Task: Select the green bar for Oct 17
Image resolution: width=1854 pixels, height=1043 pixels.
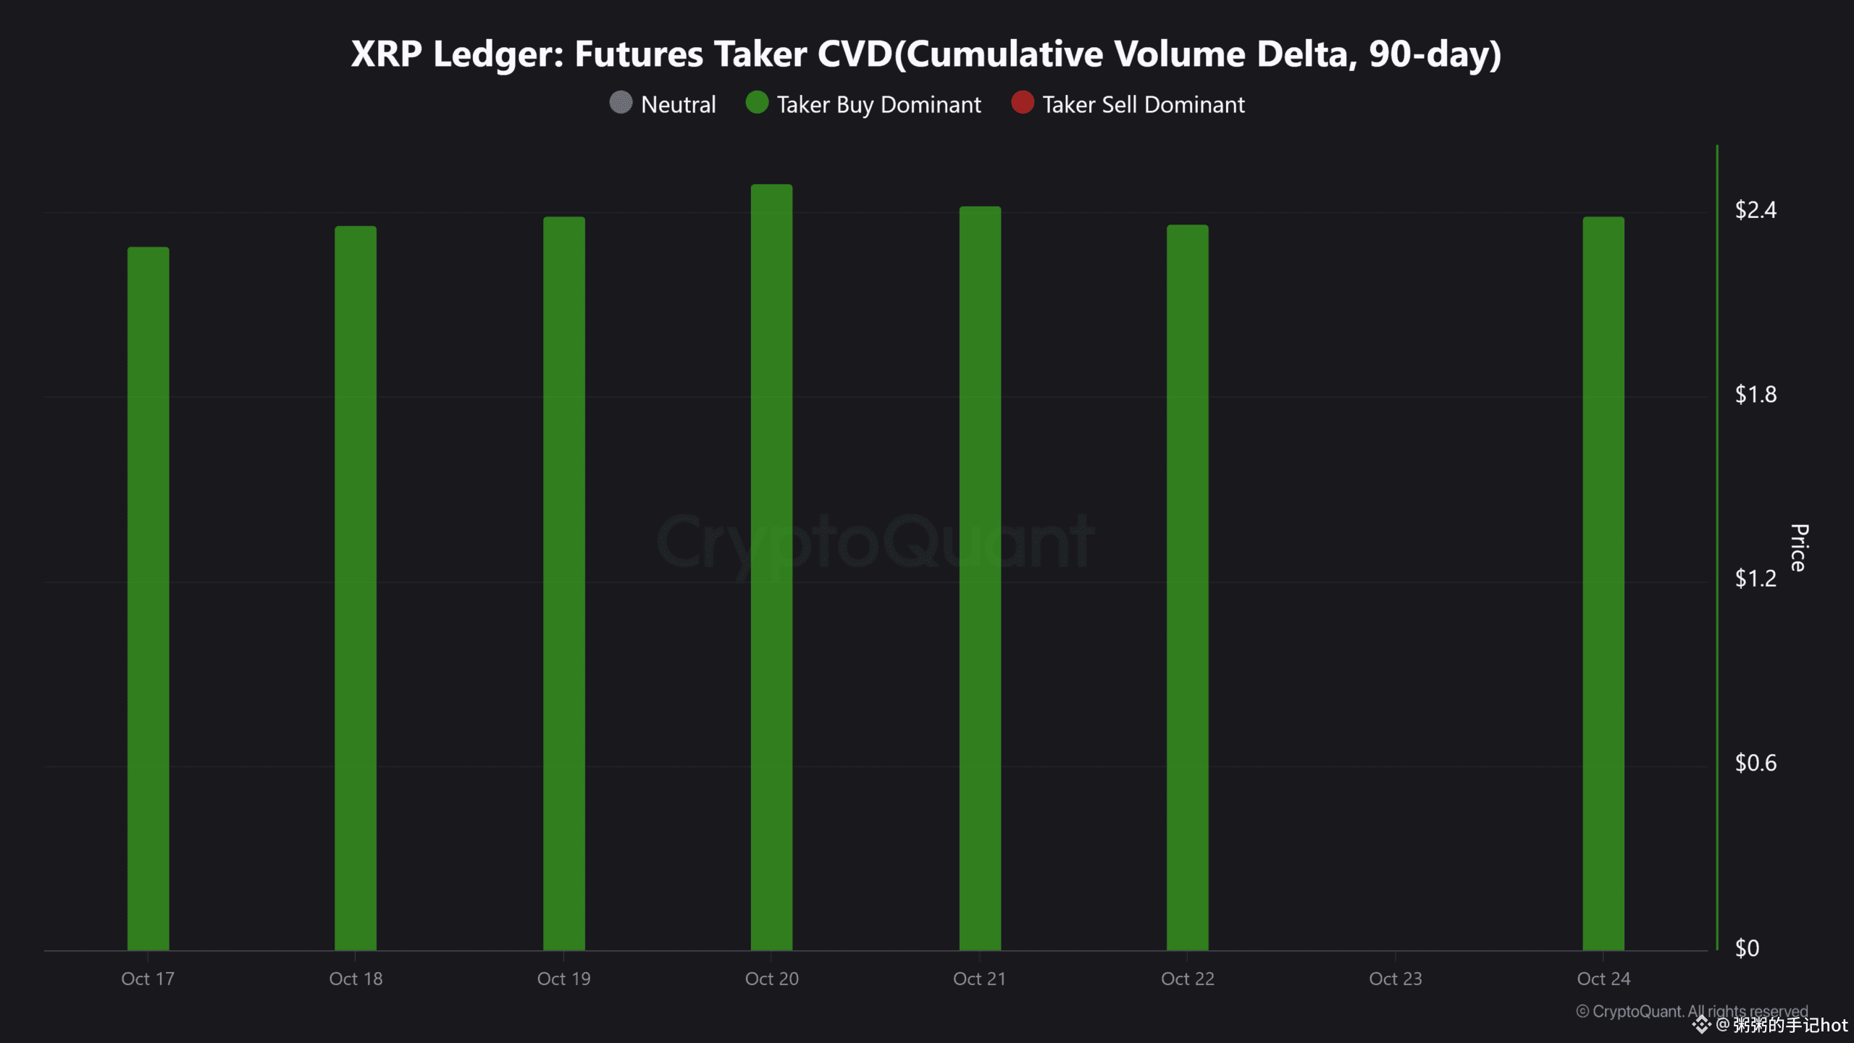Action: (148, 598)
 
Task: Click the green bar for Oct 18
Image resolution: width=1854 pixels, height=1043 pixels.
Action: (356, 588)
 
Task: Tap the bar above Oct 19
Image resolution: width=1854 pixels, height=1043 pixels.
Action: (564, 584)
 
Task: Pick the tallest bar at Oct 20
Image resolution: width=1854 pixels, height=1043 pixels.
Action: (771, 567)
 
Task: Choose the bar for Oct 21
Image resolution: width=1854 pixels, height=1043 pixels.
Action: (980, 578)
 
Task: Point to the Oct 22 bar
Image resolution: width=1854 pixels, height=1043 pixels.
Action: (1187, 587)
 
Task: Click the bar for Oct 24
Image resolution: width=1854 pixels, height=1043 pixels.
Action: (1603, 584)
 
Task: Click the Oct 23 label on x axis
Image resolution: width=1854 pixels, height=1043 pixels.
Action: (1395, 979)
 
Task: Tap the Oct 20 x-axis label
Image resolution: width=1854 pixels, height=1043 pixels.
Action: (771, 979)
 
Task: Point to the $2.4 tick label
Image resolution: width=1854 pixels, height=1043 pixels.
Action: (1756, 210)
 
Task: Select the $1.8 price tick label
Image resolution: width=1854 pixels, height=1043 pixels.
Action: (1756, 394)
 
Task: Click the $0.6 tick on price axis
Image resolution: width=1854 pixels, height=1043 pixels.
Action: (1756, 763)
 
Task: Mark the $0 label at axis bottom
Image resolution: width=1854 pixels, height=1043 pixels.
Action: (1747, 947)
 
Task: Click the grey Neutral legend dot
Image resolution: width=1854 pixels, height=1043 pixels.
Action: (621, 103)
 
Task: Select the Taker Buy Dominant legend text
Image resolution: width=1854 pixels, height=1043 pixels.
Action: (878, 104)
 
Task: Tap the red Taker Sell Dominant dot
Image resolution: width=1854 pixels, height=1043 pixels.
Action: (1022, 103)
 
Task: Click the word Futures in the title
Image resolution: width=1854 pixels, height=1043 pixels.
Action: (638, 54)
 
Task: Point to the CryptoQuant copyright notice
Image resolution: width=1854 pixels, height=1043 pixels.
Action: (1692, 1011)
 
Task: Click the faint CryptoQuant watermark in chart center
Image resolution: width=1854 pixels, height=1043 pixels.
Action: (875, 542)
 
